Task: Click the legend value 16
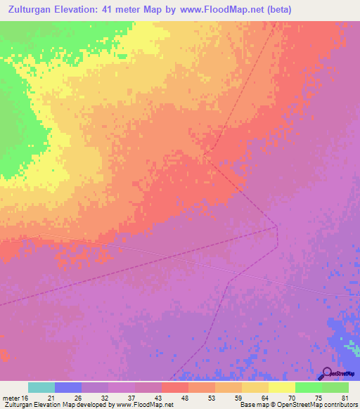coord(25,397)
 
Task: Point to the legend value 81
coord(344,397)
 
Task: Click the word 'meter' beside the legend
coord(11,397)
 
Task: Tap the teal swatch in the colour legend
coord(41,387)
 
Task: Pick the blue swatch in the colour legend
coord(68,387)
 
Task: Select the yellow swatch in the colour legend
coord(281,387)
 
